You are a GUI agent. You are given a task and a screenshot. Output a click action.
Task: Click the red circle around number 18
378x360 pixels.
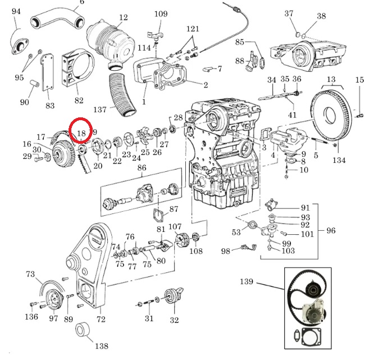(x=69, y=130)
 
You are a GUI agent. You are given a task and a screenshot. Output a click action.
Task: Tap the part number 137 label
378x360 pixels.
(x=100, y=110)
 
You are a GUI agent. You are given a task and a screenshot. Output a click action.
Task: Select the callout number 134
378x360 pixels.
(x=339, y=160)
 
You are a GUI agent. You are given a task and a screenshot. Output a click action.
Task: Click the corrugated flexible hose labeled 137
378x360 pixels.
(x=122, y=94)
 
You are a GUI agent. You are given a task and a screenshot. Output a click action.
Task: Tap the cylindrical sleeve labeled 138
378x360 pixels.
(x=83, y=329)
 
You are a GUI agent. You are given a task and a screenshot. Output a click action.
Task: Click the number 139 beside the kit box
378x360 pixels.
(x=247, y=281)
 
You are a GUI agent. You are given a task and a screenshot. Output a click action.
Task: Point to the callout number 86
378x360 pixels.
(x=142, y=167)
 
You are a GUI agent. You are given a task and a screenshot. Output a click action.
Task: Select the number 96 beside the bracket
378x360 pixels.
(x=331, y=230)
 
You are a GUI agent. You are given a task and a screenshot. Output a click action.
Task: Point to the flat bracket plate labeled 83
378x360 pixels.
(x=48, y=73)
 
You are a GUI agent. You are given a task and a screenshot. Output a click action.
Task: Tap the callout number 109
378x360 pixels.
(x=161, y=13)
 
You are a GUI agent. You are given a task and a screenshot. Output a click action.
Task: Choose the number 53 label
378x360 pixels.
(x=236, y=232)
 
